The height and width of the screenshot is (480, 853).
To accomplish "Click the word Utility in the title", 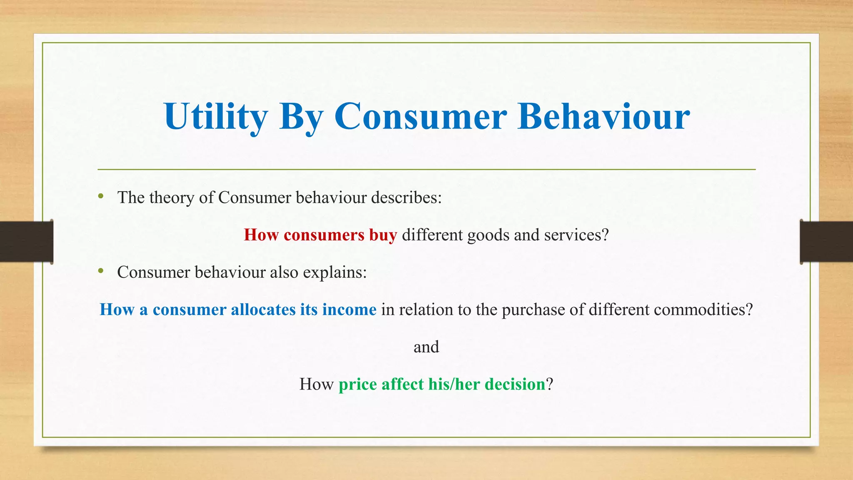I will (216, 117).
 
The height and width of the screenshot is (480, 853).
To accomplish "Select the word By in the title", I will (301, 117).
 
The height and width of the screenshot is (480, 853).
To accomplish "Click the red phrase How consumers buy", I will (320, 235).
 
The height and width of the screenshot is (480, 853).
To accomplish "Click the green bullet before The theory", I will (101, 196).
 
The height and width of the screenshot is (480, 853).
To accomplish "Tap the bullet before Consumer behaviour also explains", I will (101, 271).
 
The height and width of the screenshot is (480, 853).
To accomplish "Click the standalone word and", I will (426, 347).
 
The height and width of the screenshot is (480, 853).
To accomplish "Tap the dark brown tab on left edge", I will (26, 242).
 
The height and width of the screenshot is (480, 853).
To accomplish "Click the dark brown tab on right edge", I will (826, 242).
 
